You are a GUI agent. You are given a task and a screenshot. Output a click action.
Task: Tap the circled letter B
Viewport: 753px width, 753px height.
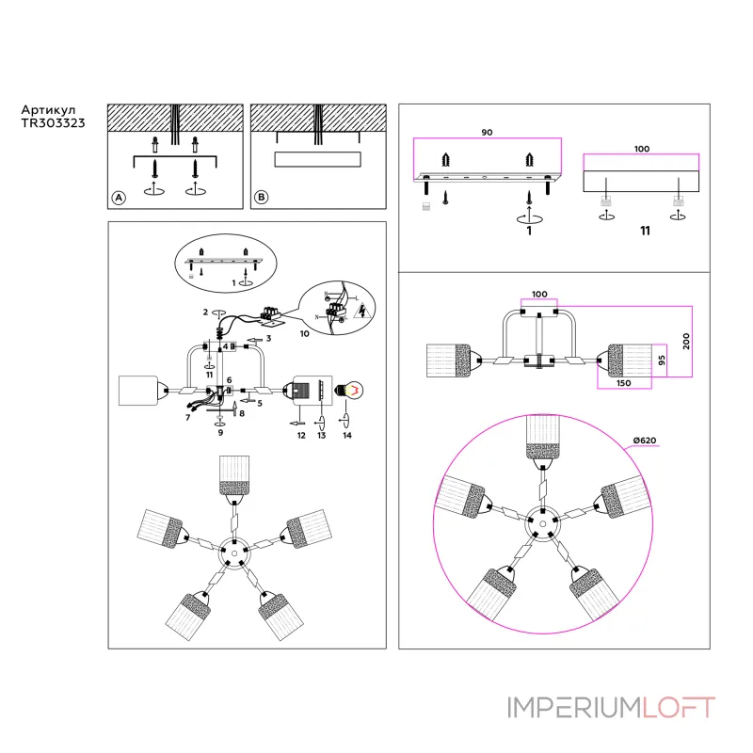261,198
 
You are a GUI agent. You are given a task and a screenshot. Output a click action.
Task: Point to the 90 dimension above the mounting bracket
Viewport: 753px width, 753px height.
487,133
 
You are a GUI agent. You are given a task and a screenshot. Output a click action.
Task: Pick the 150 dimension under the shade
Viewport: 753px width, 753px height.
623,383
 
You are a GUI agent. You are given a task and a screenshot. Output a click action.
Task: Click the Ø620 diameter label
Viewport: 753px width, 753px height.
645,442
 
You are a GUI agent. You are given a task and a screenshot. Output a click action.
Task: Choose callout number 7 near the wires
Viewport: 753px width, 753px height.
188,416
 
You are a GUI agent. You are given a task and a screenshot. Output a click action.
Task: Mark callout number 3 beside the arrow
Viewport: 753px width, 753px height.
268,338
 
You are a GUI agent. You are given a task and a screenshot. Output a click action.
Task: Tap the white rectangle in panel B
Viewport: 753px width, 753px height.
317,158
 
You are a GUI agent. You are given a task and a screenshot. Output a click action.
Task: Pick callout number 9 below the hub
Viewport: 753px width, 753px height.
220,433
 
